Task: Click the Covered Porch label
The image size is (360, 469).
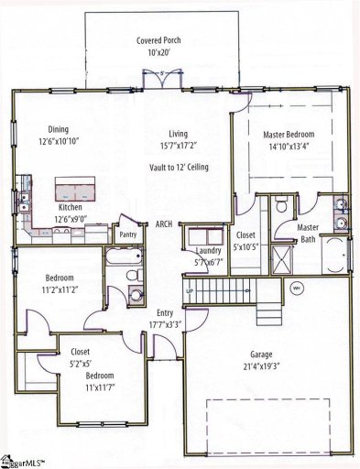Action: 157,41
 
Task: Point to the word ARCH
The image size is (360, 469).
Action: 164,224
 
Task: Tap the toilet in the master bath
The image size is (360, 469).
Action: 279,209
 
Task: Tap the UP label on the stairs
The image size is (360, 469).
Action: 191,290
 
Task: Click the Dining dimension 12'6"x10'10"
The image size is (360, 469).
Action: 59,142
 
